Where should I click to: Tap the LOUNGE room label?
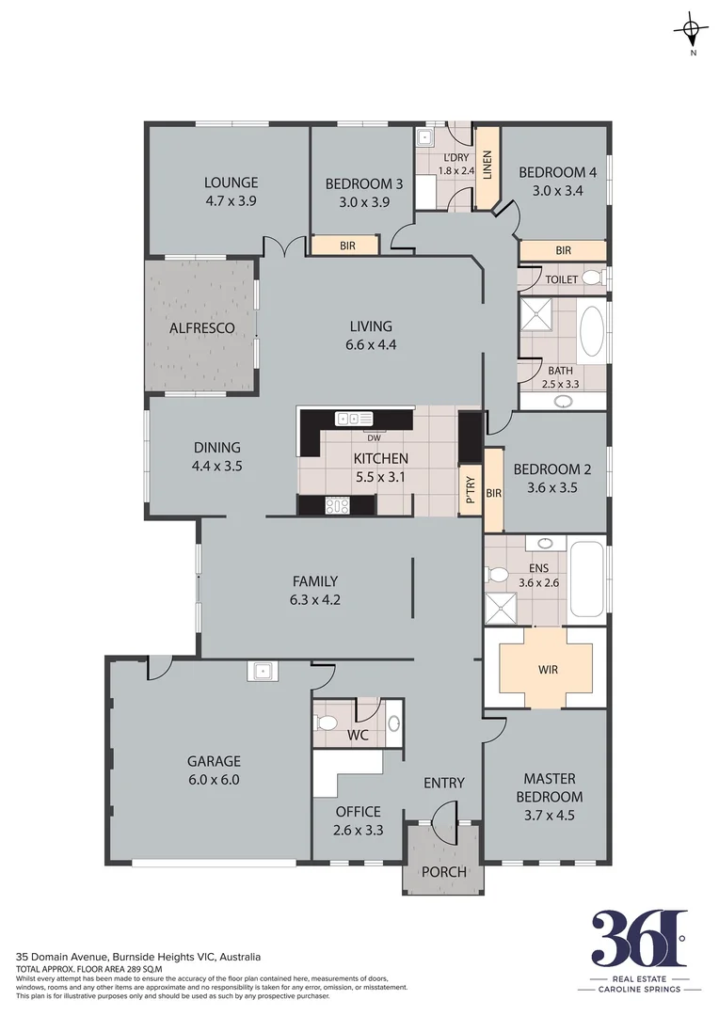tap(231, 183)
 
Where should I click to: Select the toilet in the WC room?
tap(326, 723)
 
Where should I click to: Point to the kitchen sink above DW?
tap(355, 419)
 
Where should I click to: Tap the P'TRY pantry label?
tap(470, 490)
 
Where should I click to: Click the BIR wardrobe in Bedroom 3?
tap(346, 246)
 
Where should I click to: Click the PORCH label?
tap(443, 871)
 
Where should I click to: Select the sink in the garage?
tap(261, 671)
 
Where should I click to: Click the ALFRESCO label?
tap(200, 328)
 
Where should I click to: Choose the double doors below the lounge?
tap(285, 246)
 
